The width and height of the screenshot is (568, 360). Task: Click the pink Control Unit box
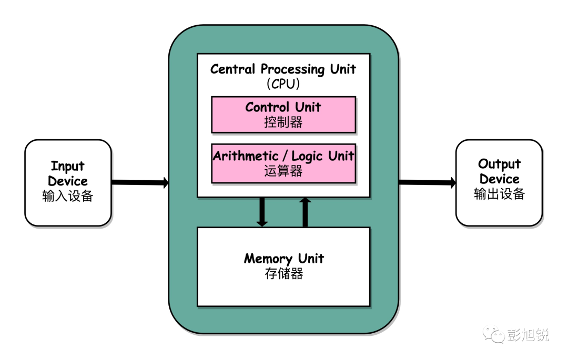point(283,115)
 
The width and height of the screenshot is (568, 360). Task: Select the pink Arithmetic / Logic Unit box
point(283,163)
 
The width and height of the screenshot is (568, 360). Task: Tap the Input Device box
point(68,183)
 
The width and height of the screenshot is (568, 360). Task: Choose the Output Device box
point(499,183)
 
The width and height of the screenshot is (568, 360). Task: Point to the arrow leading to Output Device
point(428,182)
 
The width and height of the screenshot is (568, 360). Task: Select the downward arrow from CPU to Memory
point(262,212)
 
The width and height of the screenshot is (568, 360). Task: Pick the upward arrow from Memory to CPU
point(305,212)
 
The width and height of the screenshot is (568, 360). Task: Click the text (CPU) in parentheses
point(283,84)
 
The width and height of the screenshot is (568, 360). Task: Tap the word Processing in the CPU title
point(293,69)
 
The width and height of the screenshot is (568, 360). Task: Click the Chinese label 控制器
point(283,122)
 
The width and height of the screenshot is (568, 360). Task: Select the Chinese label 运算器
point(283,171)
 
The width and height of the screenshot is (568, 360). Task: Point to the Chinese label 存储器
point(284,273)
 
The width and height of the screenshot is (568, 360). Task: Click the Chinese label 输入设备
point(68,196)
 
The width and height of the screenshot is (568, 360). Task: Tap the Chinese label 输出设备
point(500,194)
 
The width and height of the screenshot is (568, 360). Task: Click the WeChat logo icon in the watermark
point(493,334)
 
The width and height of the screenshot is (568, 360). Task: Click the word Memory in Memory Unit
point(268,259)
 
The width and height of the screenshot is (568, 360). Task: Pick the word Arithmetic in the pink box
point(246,156)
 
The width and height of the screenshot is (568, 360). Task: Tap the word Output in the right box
point(499,164)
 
